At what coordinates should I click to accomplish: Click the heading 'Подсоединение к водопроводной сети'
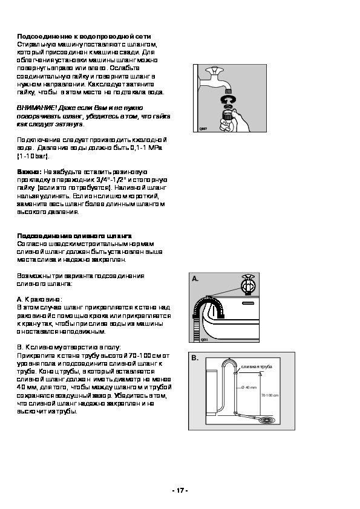coord(84,36)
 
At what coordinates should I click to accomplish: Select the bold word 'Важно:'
coord(29,172)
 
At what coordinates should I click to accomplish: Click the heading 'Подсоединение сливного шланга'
coord(74,236)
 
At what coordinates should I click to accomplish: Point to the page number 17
coord(180,490)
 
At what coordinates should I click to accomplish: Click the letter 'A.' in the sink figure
coord(195,279)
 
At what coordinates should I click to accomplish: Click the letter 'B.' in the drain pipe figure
coord(195,358)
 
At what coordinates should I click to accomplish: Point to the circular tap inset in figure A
coord(249,284)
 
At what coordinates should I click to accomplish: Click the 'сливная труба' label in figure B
coord(257,367)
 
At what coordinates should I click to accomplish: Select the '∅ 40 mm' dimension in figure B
coord(249,387)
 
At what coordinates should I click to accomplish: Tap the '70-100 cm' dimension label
coord(270,395)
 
